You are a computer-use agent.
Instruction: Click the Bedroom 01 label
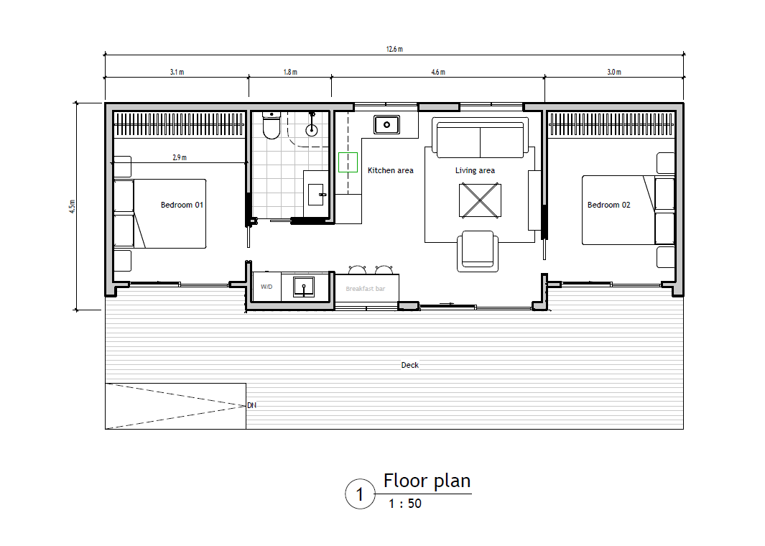182,205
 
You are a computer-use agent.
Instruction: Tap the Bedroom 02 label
608,205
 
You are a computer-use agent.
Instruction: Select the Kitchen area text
390,170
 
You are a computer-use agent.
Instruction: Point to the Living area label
475,170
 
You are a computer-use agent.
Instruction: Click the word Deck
410,365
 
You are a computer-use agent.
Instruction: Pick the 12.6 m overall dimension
394,49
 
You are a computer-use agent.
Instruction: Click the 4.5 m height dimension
73,206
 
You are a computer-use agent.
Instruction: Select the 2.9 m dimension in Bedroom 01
179,157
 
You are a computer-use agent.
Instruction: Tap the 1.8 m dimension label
290,72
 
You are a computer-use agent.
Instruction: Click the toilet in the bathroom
272,125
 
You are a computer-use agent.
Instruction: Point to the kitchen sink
387,124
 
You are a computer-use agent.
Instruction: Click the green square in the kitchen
348,162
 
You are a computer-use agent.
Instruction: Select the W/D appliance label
266,287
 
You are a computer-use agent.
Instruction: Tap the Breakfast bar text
366,289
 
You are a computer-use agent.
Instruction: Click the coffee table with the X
480,200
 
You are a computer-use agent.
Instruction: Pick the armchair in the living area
478,251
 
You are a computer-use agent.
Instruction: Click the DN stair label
251,405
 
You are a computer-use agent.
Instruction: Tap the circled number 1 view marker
360,494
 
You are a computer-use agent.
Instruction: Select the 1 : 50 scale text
405,504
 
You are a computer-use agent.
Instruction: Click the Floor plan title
427,481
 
